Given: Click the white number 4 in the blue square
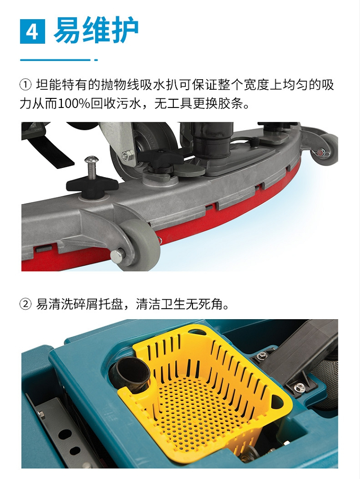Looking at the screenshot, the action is pyautogui.click(x=32, y=31).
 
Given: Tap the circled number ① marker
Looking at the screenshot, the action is pyautogui.click(x=25, y=85).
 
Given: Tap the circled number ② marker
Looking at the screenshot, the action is pyautogui.click(x=25, y=304).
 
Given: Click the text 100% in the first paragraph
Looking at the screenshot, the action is pyautogui.click(x=74, y=104).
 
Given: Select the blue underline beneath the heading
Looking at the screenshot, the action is pyautogui.click(x=59, y=60).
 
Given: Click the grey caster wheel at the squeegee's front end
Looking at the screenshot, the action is pyautogui.click(x=139, y=244).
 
